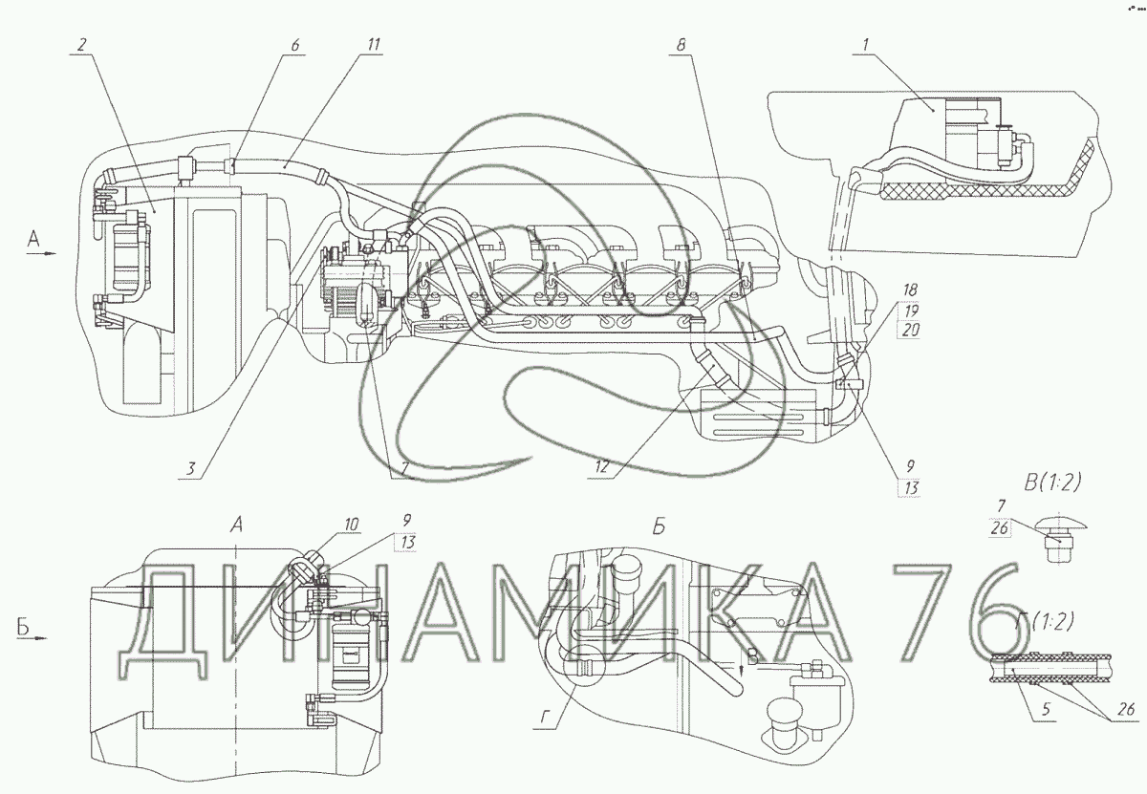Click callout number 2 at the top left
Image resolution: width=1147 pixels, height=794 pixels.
[81, 45]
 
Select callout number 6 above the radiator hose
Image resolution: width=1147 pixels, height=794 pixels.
[295, 45]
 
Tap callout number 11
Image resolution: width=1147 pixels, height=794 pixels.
[374, 45]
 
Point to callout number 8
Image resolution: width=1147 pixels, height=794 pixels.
[681, 45]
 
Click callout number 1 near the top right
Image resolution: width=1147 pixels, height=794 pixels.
[865, 45]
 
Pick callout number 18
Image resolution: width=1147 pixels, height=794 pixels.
[910, 290]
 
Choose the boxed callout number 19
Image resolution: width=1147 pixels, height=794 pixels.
[910, 311]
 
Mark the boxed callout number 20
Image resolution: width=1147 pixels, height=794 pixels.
[910, 330]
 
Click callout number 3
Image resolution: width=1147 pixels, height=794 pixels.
[190, 468]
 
